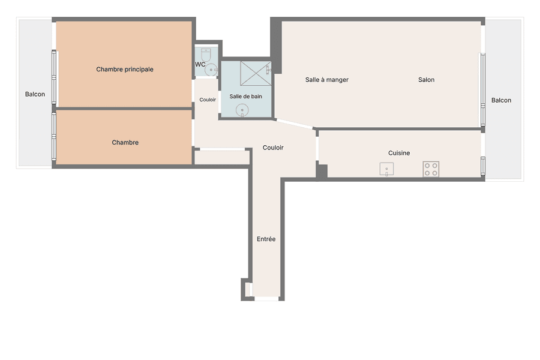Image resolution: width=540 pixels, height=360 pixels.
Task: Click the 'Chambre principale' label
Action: point(125,69)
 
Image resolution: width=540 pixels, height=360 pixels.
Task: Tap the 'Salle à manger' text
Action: point(327,80)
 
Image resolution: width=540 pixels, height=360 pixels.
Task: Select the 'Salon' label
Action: point(427,80)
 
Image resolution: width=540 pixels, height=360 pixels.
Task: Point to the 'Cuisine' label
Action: point(399,153)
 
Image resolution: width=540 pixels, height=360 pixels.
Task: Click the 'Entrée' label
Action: point(266,239)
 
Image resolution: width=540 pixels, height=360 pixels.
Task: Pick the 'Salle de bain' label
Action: point(246,97)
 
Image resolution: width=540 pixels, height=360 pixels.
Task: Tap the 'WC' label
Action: point(200,64)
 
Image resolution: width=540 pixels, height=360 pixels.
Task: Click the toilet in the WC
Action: point(206,55)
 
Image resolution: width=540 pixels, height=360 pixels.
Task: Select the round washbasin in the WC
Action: point(211,70)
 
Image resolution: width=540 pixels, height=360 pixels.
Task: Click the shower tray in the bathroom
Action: point(256,73)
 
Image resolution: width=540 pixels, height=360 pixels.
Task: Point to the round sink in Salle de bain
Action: point(242,110)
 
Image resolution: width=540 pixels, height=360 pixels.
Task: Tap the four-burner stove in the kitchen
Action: point(431,169)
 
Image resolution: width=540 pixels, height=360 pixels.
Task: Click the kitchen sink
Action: point(386,169)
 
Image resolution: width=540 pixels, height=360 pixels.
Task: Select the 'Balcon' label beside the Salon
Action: point(501,100)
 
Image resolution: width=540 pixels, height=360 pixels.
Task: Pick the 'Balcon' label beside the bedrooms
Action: point(35,94)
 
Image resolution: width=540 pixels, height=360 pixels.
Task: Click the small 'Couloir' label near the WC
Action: point(208,100)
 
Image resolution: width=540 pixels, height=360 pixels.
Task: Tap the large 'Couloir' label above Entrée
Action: point(273,148)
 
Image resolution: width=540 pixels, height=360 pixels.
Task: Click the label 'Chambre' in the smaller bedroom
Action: point(125,142)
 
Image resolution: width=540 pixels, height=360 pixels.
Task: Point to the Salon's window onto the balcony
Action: point(483,90)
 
